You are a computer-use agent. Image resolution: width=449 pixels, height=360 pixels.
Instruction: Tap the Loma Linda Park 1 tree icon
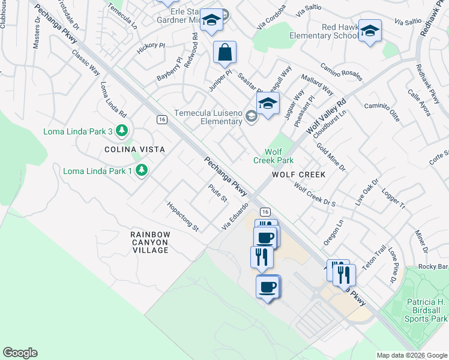coord(141,171)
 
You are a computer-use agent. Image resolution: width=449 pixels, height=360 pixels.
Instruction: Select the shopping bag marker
coord(224,53)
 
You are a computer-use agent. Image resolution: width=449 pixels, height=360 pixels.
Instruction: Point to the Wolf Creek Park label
coord(273,156)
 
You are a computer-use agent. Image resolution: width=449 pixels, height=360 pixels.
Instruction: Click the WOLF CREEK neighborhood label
coord(298,175)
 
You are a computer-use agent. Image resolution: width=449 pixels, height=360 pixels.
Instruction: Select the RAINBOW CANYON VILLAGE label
coord(150,242)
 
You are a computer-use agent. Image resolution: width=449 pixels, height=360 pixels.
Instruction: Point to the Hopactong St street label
coord(183,217)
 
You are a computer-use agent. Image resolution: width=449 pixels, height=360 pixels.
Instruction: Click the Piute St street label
coord(217,193)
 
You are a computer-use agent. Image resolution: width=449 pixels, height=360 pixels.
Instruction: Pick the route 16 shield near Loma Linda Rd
coord(161,119)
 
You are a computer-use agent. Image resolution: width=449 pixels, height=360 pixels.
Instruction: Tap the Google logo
coord(20,353)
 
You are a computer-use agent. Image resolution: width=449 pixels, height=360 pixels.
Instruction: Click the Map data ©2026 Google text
coord(411,355)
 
